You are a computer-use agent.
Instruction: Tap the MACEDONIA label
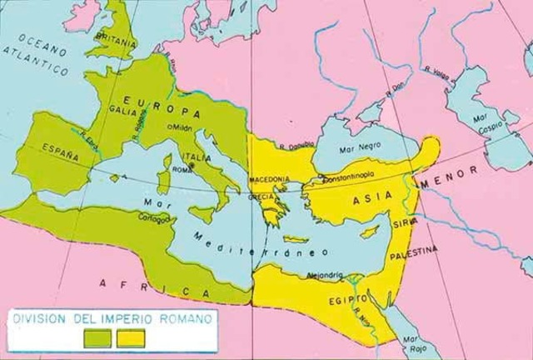pyautogui.click(x=273, y=178)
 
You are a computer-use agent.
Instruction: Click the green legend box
pyautogui.click(x=98, y=338)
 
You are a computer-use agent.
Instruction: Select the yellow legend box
pyautogui.click(x=132, y=338)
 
